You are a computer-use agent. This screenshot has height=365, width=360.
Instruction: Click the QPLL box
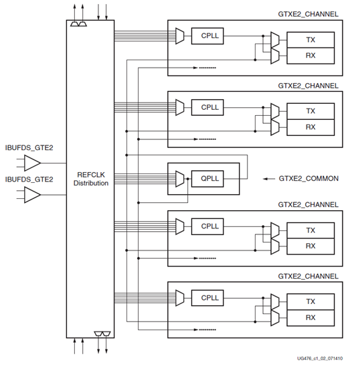pos(207,178)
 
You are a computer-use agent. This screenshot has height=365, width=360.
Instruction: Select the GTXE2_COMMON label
pos(308,179)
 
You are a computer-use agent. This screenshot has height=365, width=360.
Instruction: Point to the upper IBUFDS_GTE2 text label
pos(29,147)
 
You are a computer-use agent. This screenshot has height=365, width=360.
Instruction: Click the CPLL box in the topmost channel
pos(207,36)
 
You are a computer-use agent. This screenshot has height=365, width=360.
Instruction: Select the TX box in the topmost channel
pos(310,40)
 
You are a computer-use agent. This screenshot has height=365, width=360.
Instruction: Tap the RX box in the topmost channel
pos(310,56)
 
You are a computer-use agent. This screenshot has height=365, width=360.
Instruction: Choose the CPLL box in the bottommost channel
pos(207,297)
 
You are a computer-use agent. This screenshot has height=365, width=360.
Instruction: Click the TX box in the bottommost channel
pos(310,301)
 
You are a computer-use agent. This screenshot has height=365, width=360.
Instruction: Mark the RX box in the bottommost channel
pos(310,317)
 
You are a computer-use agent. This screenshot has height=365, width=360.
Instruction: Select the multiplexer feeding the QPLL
pos(179,178)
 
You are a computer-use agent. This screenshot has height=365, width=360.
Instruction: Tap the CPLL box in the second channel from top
pos(207,106)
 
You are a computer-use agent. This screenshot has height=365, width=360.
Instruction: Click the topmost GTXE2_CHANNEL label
pos(308,14)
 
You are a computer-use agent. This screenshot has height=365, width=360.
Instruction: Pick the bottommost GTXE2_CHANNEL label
pos(308,275)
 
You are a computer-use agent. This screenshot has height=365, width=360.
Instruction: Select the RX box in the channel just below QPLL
pos(310,246)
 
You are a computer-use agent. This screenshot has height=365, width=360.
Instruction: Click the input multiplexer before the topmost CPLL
pos(179,36)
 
